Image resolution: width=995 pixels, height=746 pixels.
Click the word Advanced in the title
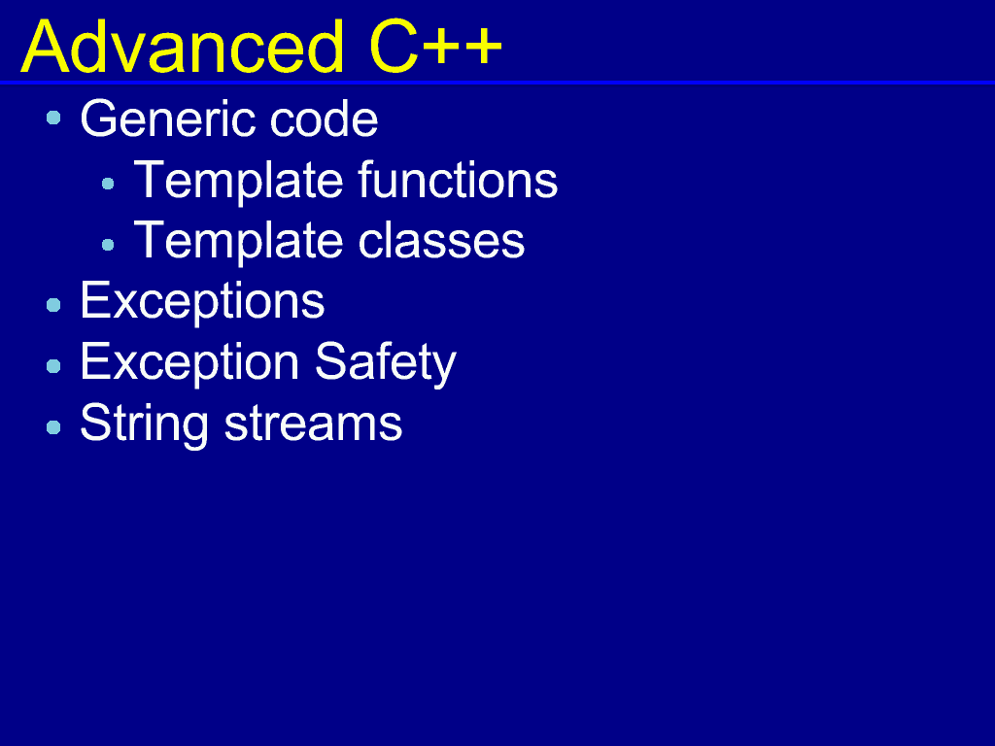click(182, 47)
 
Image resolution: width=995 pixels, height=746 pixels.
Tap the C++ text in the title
click(435, 47)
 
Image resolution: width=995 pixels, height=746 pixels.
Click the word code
click(324, 119)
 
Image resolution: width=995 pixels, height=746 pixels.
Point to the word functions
click(458, 180)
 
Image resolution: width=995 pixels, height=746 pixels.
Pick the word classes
click(441, 241)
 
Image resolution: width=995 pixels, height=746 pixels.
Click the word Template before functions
click(239, 181)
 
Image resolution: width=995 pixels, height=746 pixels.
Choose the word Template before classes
click(239, 242)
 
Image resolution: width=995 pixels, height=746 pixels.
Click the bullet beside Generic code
click(54, 118)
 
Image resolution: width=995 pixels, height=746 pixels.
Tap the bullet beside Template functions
click(108, 184)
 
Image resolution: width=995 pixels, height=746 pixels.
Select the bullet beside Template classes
click(108, 245)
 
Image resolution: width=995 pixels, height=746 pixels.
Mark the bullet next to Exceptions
click(54, 305)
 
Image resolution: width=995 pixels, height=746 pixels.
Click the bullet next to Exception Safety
click(54, 366)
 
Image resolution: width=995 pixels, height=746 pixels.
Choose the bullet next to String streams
click(54, 427)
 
